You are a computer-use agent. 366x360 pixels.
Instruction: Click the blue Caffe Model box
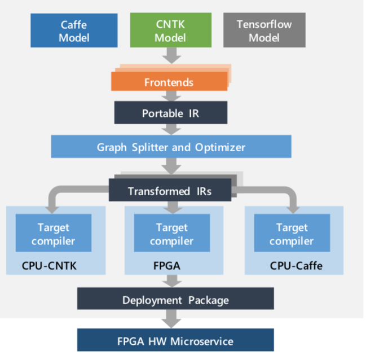click(74, 30)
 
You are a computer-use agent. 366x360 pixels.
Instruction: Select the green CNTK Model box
click(171, 30)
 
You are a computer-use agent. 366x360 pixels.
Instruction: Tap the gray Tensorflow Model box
click(264, 30)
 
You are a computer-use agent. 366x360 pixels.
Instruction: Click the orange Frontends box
click(169, 81)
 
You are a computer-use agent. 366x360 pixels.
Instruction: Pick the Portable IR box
click(171, 113)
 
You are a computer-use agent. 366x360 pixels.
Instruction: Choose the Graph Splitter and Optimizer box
click(171, 147)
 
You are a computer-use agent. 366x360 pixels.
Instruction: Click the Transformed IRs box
click(170, 190)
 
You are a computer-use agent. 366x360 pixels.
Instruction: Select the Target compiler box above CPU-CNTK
click(54, 233)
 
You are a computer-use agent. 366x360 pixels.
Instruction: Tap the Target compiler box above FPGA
click(172, 233)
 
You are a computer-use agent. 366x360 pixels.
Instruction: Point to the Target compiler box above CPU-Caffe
click(292, 233)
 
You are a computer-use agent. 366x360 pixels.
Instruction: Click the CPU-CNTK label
click(49, 266)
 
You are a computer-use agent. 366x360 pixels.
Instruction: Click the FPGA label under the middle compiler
click(167, 266)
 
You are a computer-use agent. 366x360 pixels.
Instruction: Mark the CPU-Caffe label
click(296, 266)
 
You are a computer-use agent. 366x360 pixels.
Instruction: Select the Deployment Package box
click(175, 298)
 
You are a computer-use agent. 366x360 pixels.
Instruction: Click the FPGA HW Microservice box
click(175, 340)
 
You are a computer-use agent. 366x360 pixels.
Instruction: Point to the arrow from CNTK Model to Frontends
click(172, 56)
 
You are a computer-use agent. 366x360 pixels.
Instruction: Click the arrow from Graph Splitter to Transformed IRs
click(171, 166)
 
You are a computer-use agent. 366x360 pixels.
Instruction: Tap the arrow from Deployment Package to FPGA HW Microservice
click(171, 319)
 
